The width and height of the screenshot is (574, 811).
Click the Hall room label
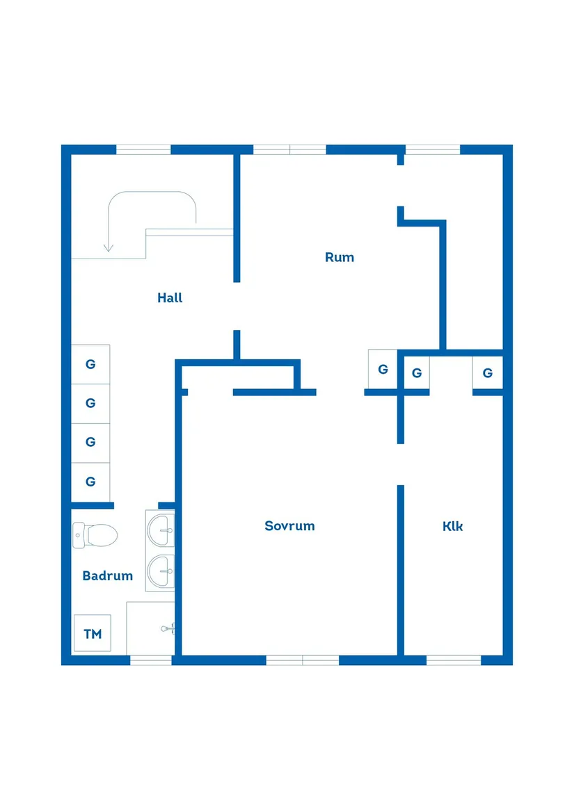click(170, 298)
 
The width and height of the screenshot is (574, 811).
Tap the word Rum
click(340, 257)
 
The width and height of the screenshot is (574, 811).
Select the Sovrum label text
click(289, 526)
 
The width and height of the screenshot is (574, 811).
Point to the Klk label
click(453, 526)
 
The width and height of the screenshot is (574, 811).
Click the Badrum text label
click(107, 576)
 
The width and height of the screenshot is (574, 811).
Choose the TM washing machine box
click(93, 634)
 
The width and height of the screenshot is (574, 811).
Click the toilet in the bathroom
click(95, 535)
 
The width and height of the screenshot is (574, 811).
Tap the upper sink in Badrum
click(161, 531)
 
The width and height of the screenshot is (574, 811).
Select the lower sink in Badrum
click(161, 572)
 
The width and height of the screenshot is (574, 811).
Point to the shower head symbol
click(167, 628)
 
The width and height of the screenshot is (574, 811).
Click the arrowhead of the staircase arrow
click(108, 247)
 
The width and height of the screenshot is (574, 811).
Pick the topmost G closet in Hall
click(90, 364)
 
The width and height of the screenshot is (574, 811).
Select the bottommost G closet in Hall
click(90, 482)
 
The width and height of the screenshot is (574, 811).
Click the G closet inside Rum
click(383, 369)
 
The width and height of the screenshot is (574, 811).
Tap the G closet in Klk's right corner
click(487, 373)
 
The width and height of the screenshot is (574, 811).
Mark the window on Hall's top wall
click(143, 149)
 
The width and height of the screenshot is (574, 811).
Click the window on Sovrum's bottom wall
click(303, 660)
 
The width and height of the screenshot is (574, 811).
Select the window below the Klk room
click(454, 660)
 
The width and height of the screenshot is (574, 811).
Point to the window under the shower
click(151, 660)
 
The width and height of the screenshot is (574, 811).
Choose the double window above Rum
click(289, 149)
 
